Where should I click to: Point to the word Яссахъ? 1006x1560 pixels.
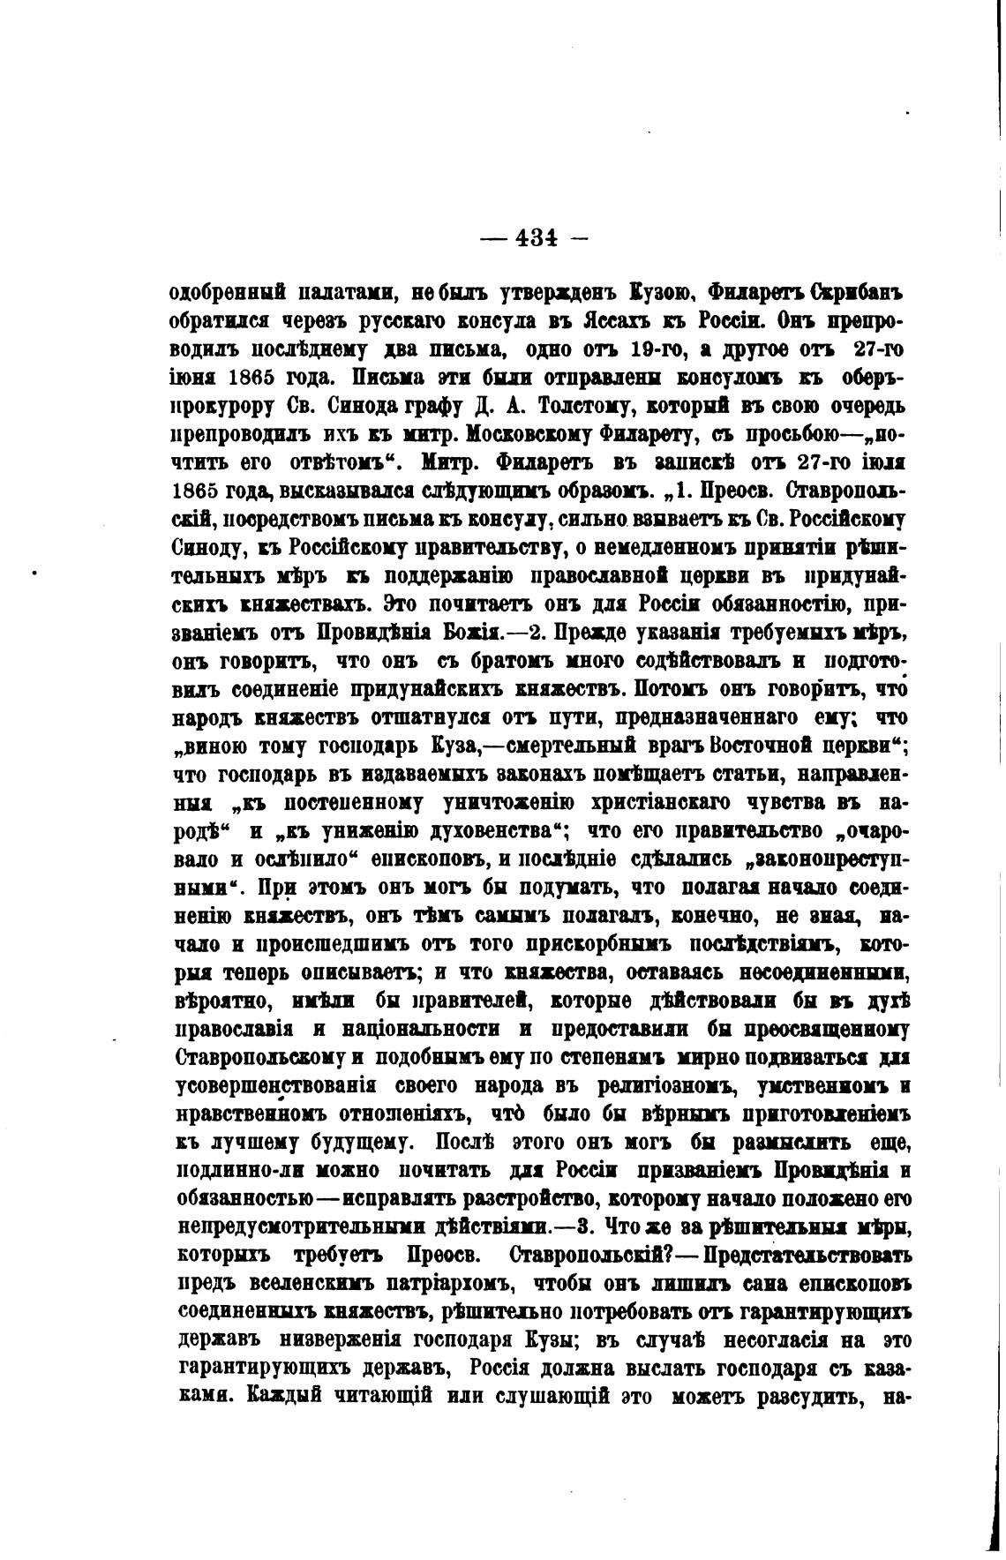[617, 320]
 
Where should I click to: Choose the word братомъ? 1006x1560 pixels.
[480, 661]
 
